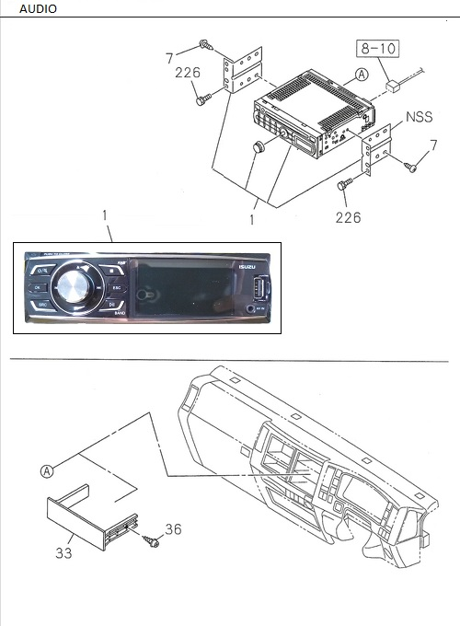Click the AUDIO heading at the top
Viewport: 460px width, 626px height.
click(38, 8)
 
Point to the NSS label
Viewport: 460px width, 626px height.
click(420, 118)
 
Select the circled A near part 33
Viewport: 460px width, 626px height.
click(46, 471)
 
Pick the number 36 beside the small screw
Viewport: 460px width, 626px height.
click(173, 529)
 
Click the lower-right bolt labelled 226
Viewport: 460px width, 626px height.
click(344, 185)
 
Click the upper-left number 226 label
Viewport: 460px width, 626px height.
click(188, 73)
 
